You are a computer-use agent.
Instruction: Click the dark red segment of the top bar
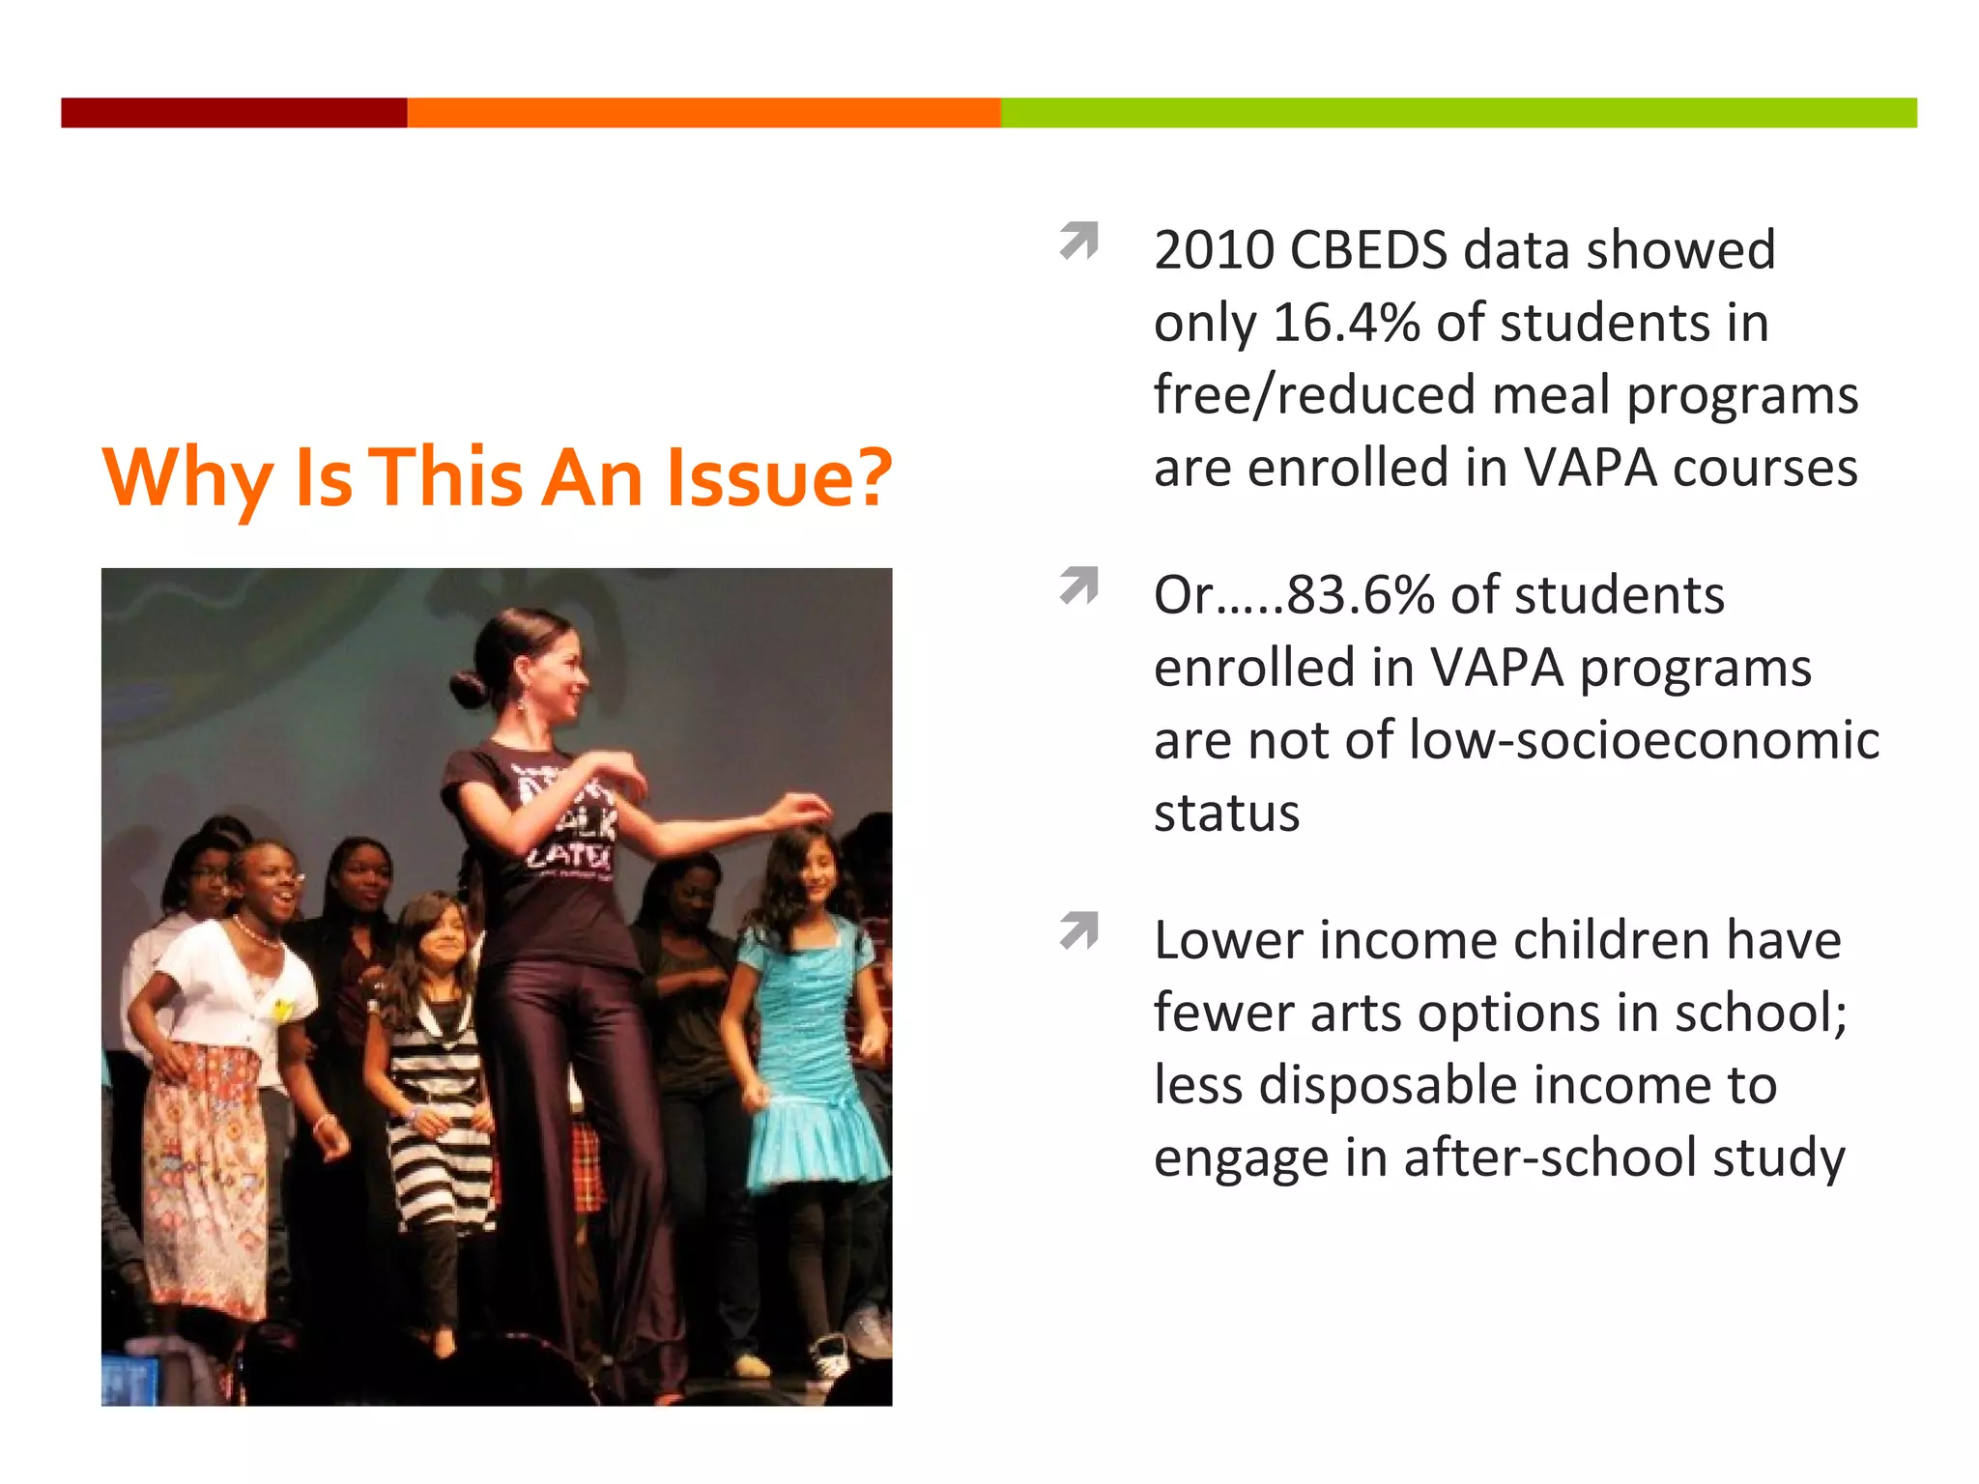(x=234, y=112)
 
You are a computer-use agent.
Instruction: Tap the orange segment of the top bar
(x=703, y=112)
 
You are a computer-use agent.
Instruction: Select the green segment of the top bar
(x=1457, y=112)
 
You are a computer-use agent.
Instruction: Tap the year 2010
(x=1214, y=250)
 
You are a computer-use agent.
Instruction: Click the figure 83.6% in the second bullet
(x=1361, y=595)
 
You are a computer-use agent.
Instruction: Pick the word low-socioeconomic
(x=1644, y=740)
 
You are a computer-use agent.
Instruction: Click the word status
(x=1226, y=813)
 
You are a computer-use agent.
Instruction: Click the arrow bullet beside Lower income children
(x=1079, y=930)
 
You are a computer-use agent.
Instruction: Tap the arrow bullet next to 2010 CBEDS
(x=1079, y=241)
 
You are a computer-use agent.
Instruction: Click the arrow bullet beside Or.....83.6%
(x=1079, y=585)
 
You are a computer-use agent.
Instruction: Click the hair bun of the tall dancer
(x=470, y=688)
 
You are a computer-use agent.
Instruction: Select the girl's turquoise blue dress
(x=810, y=1053)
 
